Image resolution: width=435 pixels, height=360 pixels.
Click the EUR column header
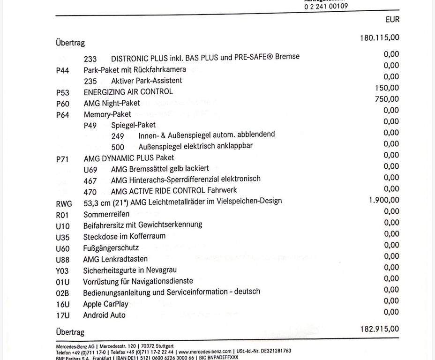pos(392,20)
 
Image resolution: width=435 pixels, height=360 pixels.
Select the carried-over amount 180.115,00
pos(379,37)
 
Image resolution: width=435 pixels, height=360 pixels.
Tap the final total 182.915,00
pos(379,329)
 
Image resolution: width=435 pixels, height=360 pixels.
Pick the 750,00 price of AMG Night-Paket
pos(387,99)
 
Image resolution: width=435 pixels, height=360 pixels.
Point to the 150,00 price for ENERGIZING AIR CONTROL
pos(387,88)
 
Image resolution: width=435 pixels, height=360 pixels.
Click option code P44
pos(62,70)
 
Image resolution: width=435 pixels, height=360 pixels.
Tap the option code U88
pos(62,260)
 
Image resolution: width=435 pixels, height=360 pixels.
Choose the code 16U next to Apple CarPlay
pos(62,305)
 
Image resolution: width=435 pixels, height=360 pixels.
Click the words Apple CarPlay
pos(105,304)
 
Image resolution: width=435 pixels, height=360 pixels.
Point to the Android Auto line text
pos(104,315)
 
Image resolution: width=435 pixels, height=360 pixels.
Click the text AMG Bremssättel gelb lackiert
pos(160,168)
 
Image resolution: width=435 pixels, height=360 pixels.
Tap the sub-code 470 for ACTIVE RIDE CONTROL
pos(90,192)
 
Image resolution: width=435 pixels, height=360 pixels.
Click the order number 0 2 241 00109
pos(326,7)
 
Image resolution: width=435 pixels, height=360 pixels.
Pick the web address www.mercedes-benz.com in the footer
pos(205,351)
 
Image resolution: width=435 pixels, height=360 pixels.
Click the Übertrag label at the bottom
pos(70,332)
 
